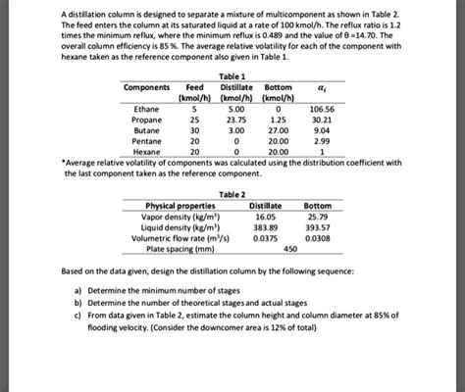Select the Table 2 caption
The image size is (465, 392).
[x=233, y=194]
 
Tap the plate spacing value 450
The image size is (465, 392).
[x=290, y=249]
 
